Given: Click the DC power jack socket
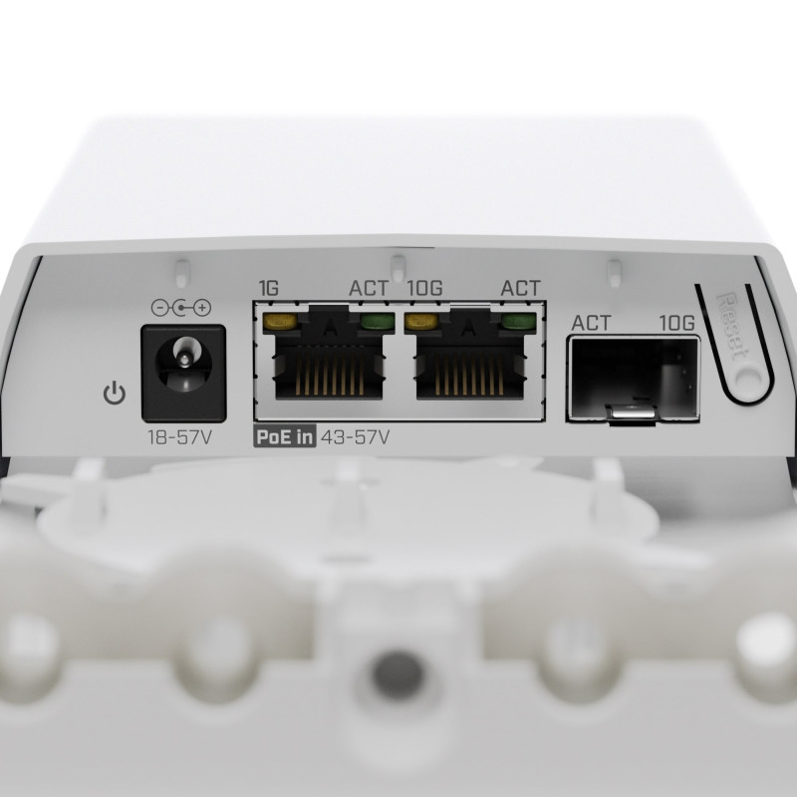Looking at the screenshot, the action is click(183, 374).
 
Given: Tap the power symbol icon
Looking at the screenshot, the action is click(115, 393).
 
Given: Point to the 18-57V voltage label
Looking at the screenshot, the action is click(180, 437).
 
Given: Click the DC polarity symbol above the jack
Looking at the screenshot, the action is click(181, 307).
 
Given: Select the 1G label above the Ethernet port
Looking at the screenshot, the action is click(269, 288).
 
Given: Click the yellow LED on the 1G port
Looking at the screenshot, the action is click(280, 321).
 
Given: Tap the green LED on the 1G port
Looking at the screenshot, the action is click(378, 321).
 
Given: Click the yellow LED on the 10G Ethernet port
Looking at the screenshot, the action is click(421, 321).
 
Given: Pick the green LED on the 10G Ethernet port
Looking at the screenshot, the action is click(519, 321).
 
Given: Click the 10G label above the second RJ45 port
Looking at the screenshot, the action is click(425, 288).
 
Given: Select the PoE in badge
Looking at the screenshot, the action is click(285, 437).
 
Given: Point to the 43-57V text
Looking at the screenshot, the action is click(356, 437).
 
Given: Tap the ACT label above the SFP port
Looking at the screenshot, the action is click(591, 323).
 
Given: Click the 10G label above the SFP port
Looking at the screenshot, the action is click(677, 323).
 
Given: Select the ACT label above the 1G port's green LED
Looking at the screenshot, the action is click(369, 288).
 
